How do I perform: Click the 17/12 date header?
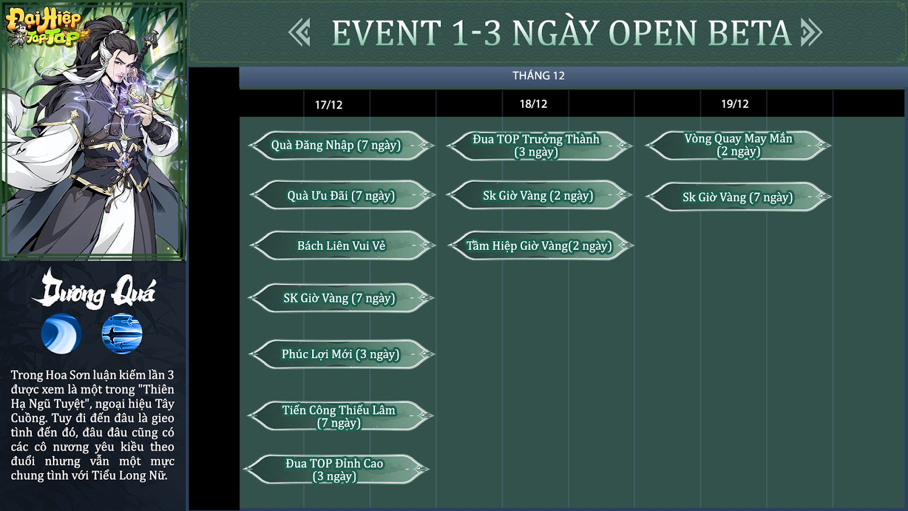point(329,105)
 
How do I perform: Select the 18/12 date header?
point(533,104)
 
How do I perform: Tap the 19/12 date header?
point(734,104)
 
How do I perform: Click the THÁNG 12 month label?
point(539,76)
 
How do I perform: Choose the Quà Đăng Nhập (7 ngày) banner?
point(341,145)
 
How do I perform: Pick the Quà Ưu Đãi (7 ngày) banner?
point(341,195)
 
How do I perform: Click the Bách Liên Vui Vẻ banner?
point(341,245)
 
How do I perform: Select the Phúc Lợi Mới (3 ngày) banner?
point(340,354)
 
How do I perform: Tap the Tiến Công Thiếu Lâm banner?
point(340,416)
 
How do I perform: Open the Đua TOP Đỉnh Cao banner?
point(335,469)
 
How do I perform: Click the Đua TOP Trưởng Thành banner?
point(539,145)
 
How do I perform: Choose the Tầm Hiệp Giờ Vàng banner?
point(540,245)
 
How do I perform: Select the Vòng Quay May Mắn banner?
point(738,145)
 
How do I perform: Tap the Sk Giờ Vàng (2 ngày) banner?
point(539,195)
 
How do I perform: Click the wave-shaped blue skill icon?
point(61,333)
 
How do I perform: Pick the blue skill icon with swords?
point(122,333)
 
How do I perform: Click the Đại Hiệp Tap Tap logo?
point(45,26)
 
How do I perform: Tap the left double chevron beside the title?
point(300,32)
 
